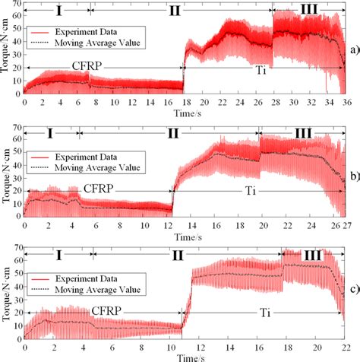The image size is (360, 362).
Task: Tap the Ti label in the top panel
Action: (x=251, y=69)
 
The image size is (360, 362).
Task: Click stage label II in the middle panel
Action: (x=172, y=132)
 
